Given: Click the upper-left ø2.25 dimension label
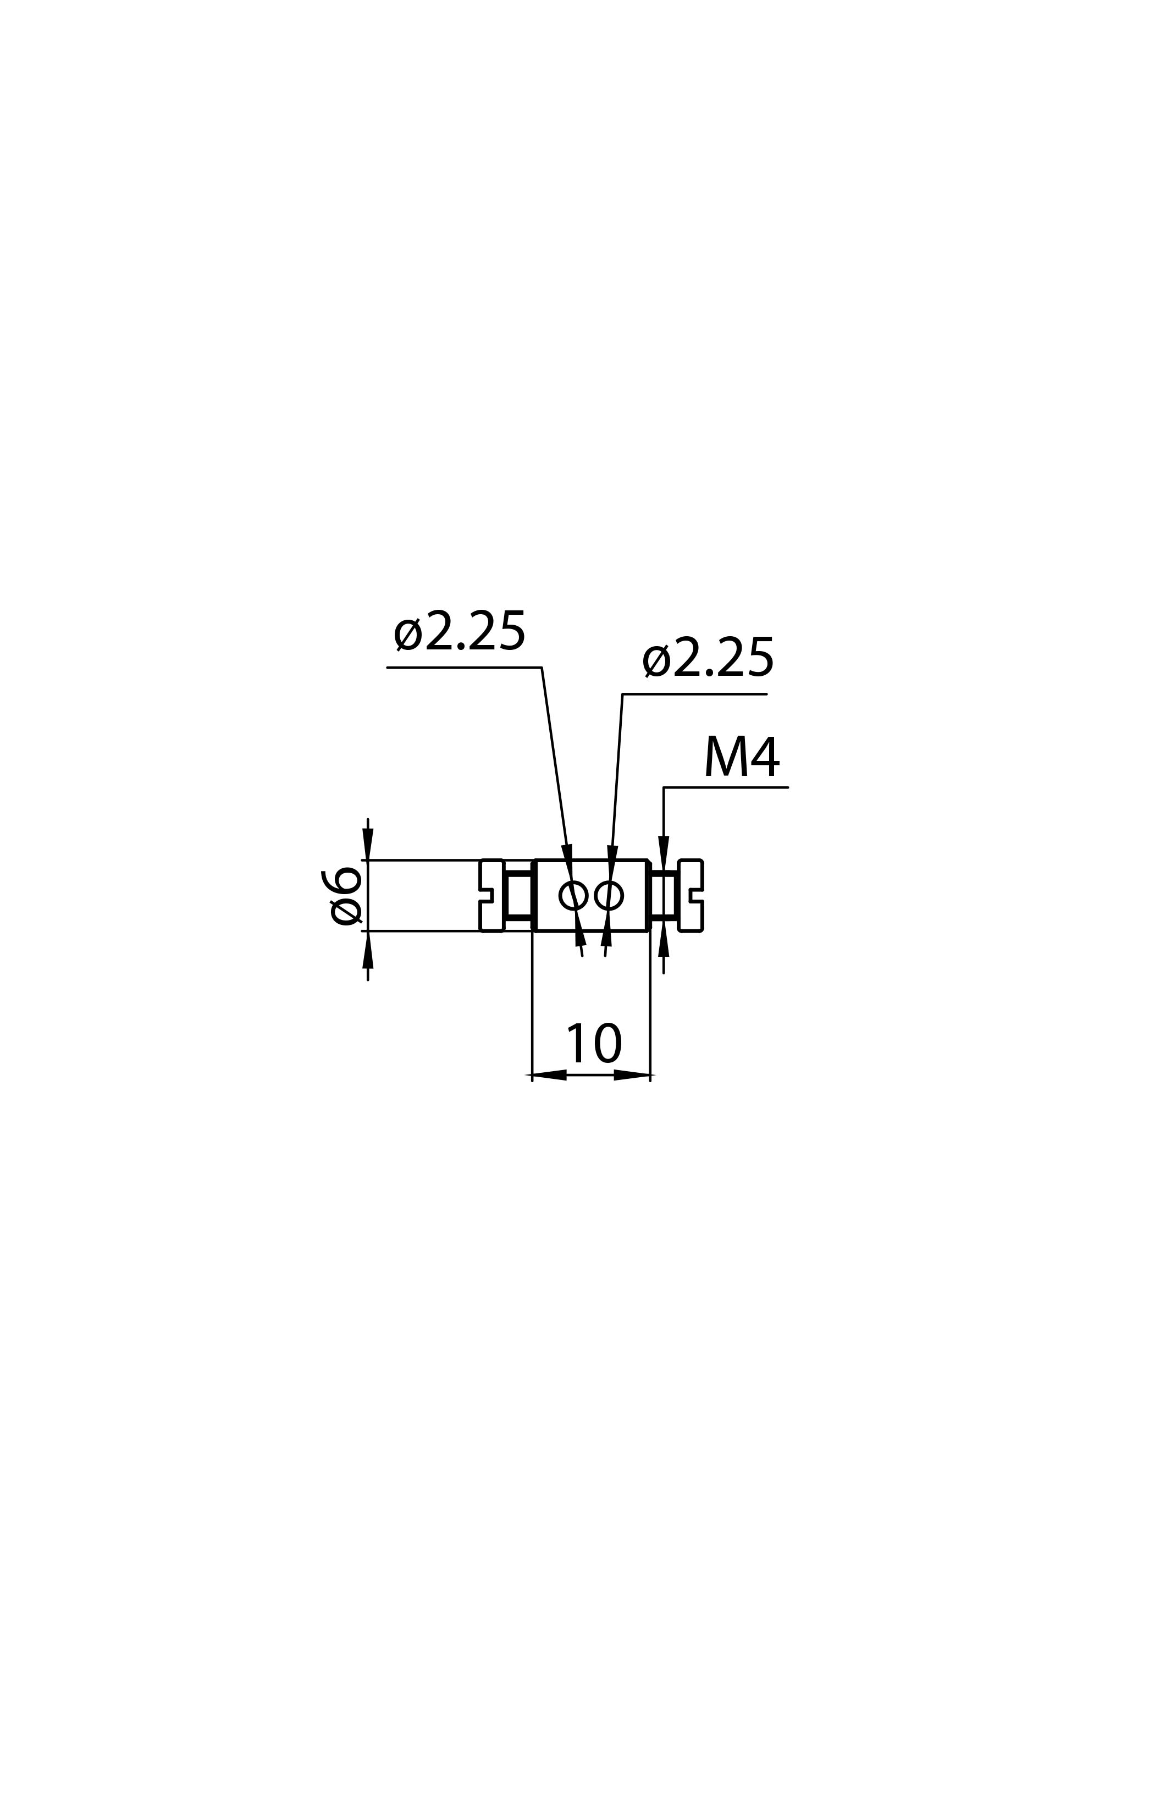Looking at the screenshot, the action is coord(459,631).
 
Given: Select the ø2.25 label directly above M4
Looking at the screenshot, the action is coord(708,658).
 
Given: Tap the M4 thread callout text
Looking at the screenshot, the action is coord(742,756).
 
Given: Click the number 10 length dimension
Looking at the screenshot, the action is coord(594,1044).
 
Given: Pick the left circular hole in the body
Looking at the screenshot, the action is coord(573,896).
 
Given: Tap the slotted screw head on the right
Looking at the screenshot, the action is coord(691,896).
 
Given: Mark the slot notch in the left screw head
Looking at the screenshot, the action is coord(486,896).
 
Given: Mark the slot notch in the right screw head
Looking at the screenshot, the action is coord(697,896).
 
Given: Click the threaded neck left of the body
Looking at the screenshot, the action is coord(518,896).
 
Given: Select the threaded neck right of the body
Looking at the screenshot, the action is coord(664,896).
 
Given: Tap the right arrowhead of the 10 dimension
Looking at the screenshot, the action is coord(632,1075).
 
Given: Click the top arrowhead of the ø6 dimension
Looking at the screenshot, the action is coord(368,844).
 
